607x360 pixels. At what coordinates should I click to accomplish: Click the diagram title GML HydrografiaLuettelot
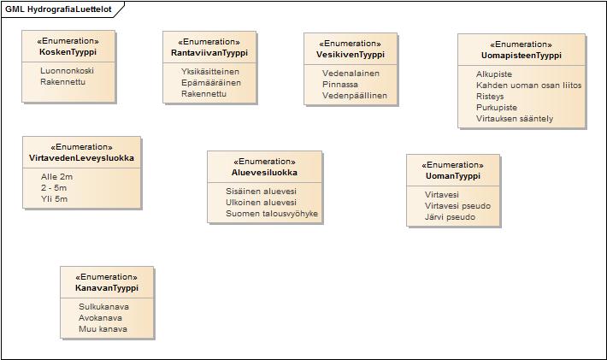pos(58,9)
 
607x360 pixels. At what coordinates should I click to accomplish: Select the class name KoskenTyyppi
pos(68,52)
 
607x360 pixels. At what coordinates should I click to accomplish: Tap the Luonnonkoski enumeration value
pos(67,70)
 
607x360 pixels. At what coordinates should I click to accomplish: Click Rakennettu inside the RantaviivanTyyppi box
pos(203,94)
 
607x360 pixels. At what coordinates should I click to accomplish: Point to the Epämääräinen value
pos(211,82)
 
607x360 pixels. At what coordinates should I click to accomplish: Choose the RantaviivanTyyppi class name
pos(209,53)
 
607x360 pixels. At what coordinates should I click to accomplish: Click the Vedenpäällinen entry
pos(355,96)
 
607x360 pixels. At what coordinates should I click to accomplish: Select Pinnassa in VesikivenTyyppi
pos(340,85)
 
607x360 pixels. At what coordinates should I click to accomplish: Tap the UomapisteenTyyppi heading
pos(521,56)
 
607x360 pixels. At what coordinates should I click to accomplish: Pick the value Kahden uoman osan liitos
pos(529,86)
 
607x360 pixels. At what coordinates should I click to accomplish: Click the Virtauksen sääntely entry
pos(515,119)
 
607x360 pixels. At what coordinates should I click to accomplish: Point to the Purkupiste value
pos(497,108)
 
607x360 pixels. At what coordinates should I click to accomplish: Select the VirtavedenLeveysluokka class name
pos(82,158)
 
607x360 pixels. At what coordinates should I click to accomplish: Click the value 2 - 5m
pos(54,188)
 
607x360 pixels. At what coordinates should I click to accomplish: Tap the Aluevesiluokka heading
pos(264,172)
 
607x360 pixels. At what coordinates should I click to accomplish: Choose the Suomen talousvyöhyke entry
pos(272,214)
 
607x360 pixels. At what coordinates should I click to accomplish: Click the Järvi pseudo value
pos(450,217)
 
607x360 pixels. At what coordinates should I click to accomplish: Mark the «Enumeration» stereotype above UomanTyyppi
pos(452,165)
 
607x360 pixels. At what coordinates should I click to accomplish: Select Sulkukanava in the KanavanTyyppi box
pos(103,307)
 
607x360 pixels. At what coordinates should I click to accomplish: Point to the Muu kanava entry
pos(103,329)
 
